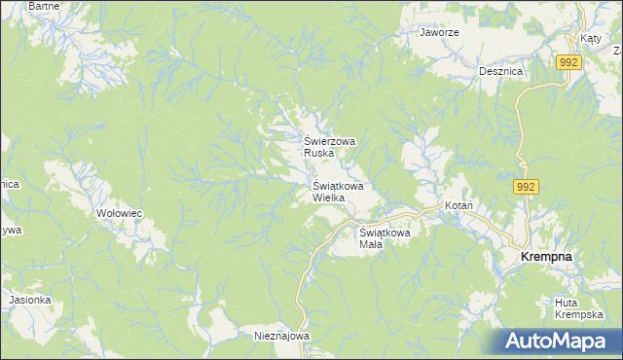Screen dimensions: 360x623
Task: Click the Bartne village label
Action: click(x=44, y=6)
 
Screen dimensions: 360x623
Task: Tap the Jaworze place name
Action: click(x=439, y=32)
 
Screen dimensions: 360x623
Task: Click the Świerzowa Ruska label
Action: click(x=330, y=147)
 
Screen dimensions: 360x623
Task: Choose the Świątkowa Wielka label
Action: click(x=338, y=191)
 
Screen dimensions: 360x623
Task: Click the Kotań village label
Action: click(x=458, y=207)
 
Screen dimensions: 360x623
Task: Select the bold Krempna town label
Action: click(x=546, y=256)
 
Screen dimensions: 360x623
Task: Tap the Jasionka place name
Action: click(x=30, y=300)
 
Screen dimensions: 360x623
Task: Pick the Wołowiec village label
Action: click(x=120, y=212)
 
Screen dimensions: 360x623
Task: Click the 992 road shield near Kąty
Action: click(x=569, y=62)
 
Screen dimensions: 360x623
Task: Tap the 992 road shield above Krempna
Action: click(x=527, y=187)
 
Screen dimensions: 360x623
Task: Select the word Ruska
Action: click(x=319, y=153)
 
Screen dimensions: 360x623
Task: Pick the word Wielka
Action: click(x=329, y=198)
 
